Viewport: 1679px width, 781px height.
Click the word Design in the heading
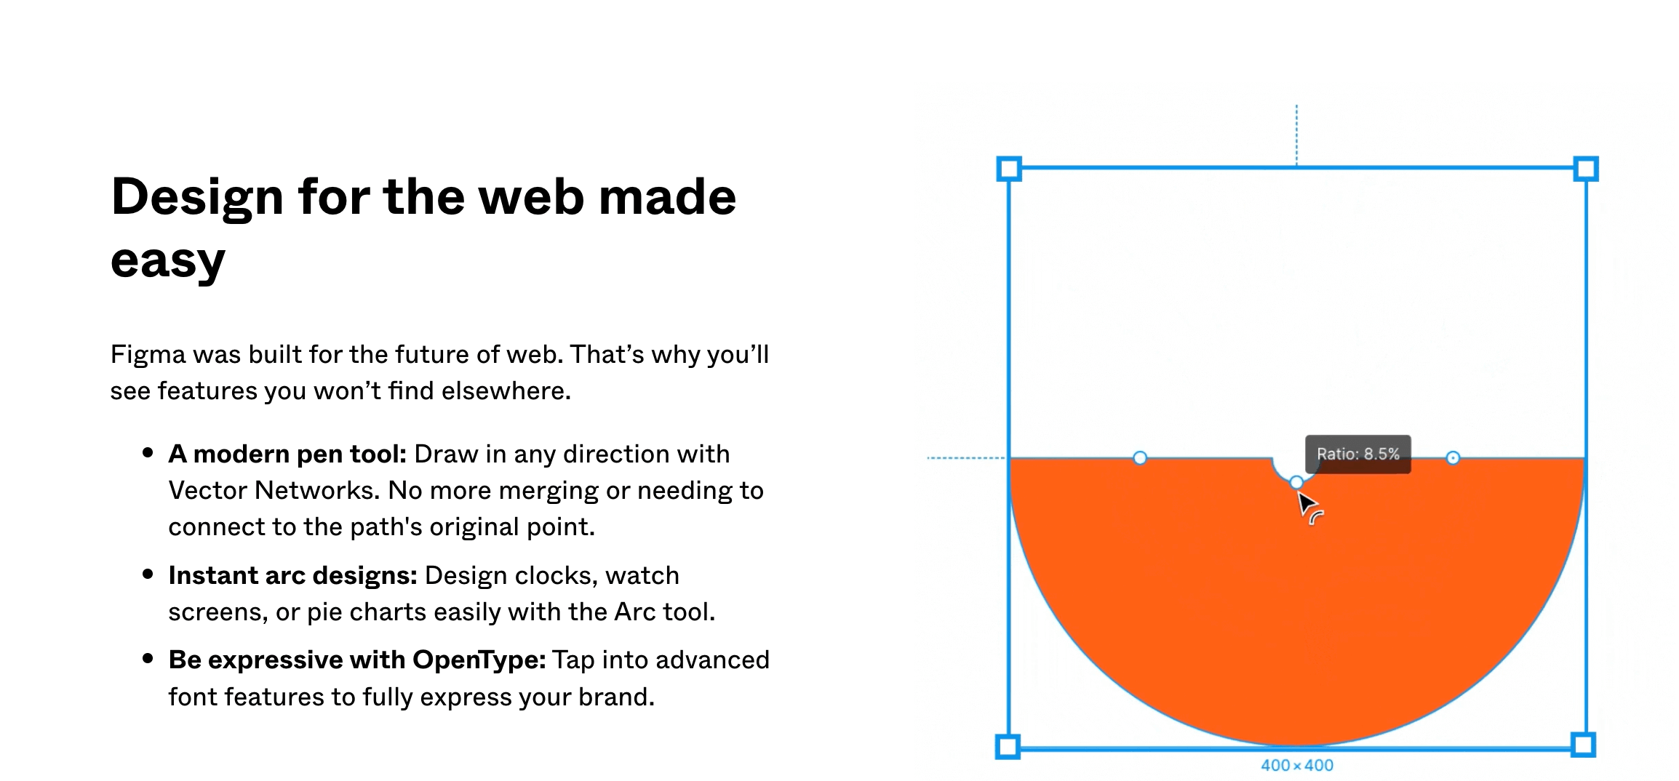pyautogui.click(x=196, y=197)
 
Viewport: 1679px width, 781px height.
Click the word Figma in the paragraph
pyautogui.click(x=148, y=355)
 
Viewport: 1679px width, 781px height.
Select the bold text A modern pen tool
pyautogui.click(x=287, y=454)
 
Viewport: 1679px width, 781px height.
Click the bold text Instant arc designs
pyautogui.click(x=292, y=575)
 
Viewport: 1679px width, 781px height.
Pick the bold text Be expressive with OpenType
pyautogui.click(x=356, y=660)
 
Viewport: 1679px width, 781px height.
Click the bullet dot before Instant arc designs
pyautogui.click(x=148, y=574)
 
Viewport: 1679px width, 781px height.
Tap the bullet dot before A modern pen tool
pyautogui.click(x=148, y=453)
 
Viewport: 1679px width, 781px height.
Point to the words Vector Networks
pyautogui.click(x=274, y=490)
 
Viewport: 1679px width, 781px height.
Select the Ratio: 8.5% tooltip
pyautogui.click(x=1357, y=454)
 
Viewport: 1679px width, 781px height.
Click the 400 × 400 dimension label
pyautogui.click(x=1296, y=765)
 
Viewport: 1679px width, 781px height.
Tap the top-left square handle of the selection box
pyautogui.click(x=1009, y=169)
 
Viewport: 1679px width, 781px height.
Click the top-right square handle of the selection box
pyautogui.click(x=1586, y=169)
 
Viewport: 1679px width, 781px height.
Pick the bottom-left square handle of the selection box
pyautogui.click(x=1008, y=746)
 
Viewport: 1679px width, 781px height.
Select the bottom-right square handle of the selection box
pyautogui.click(x=1584, y=745)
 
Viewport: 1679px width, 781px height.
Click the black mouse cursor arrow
pyautogui.click(x=1307, y=502)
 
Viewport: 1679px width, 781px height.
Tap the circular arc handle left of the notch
pyautogui.click(x=1140, y=457)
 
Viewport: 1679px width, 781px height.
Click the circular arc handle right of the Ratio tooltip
pyautogui.click(x=1453, y=457)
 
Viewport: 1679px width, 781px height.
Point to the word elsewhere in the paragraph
pyautogui.click(x=505, y=391)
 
